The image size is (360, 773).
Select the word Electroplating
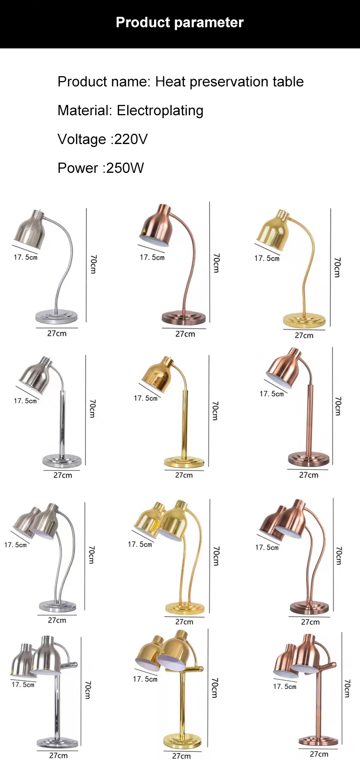coord(160,110)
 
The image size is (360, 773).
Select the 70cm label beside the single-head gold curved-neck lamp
coord(337,267)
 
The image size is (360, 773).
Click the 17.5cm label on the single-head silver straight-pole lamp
coord(25,401)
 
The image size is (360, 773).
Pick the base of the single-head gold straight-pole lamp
coord(184,462)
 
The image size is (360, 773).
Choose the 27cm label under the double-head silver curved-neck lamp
coord(57,620)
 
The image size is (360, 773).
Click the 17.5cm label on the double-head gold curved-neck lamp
coord(140,544)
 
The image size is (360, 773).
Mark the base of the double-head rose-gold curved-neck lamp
coord(310,607)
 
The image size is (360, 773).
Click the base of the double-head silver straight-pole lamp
coord(58,742)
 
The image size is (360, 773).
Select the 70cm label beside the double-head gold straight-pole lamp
coord(215,688)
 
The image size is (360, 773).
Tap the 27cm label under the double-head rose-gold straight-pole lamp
coord(319,754)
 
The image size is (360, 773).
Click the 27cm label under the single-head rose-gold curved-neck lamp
coord(185,334)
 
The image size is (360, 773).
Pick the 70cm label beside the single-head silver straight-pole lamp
coord(93,408)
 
